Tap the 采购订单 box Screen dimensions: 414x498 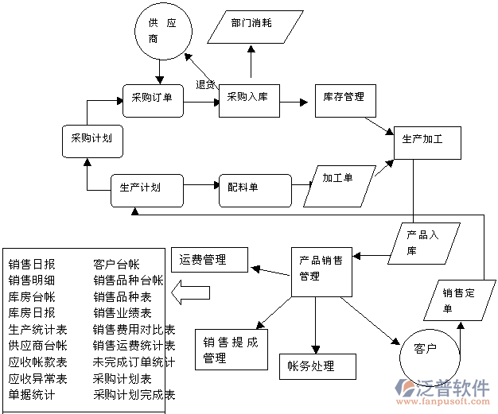[x=153, y=99]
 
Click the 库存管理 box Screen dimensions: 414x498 [x=344, y=98]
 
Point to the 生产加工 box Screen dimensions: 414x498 [x=422, y=140]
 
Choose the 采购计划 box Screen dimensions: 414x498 [x=91, y=138]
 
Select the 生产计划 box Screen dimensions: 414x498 [x=140, y=189]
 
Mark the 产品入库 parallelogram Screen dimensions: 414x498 [x=422, y=242]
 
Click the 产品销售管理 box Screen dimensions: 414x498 [x=321, y=269]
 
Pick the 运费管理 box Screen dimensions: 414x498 [x=210, y=258]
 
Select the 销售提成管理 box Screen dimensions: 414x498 [x=231, y=350]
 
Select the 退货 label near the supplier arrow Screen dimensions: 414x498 [x=204, y=85]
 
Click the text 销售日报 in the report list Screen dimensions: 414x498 [x=32, y=264]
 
